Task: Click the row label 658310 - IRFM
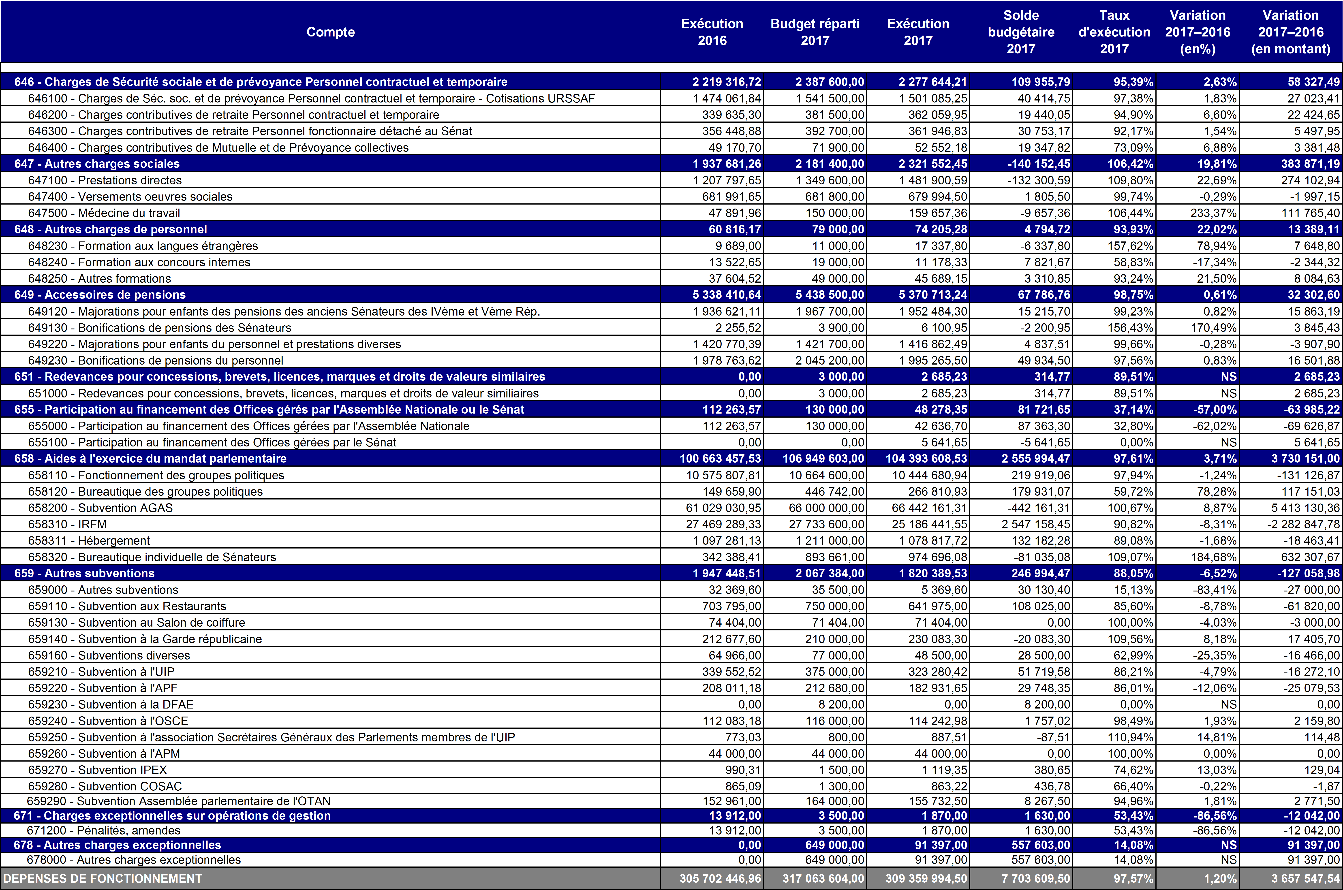coord(68,524)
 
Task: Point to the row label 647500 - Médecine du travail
coord(104,213)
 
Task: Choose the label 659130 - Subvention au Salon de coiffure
coord(136,622)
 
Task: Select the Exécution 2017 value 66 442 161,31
coord(929,507)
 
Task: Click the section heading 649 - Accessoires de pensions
coord(100,295)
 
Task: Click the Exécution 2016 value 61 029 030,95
coord(723,507)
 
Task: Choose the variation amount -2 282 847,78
coord(1303,524)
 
